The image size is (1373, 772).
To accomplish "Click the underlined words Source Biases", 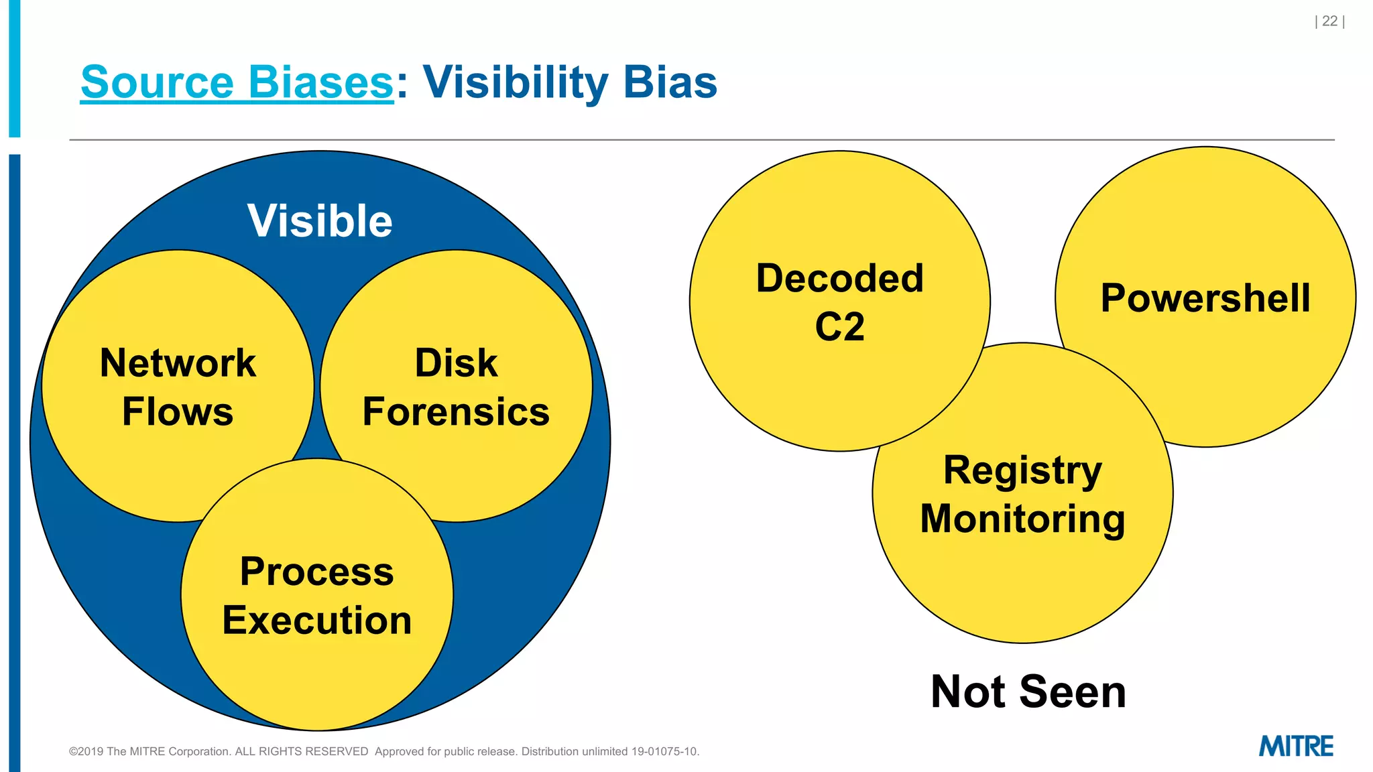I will coord(237,82).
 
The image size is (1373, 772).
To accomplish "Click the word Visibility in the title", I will coord(515,82).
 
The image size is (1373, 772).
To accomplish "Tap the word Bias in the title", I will coord(670,82).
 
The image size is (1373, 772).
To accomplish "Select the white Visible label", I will coord(320,220).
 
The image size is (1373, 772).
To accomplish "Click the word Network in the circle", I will coord(178,363).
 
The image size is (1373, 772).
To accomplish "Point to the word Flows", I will coord(178,411).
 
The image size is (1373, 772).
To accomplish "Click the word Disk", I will coord(456,363).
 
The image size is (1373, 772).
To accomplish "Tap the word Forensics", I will coord(456,411).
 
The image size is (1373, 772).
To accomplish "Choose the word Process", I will coord(316,572).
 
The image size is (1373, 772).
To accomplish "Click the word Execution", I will coord(316,620).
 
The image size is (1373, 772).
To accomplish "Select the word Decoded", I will coord(839,278).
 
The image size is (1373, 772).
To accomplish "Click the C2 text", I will coord(839,327).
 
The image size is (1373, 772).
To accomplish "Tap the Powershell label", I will coord(1205,298).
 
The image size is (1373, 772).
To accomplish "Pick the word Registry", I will coord(1022,470).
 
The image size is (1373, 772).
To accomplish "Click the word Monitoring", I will coord(1022,519).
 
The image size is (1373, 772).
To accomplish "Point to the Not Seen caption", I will coord(1028,692).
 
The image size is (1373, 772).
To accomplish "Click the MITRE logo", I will coord(1296,746).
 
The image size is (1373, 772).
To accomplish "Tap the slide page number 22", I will coord(1329,21).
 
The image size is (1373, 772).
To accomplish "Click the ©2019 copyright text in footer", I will coord(218,751).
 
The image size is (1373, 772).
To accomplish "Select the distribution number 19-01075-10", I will coord(664,751).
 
